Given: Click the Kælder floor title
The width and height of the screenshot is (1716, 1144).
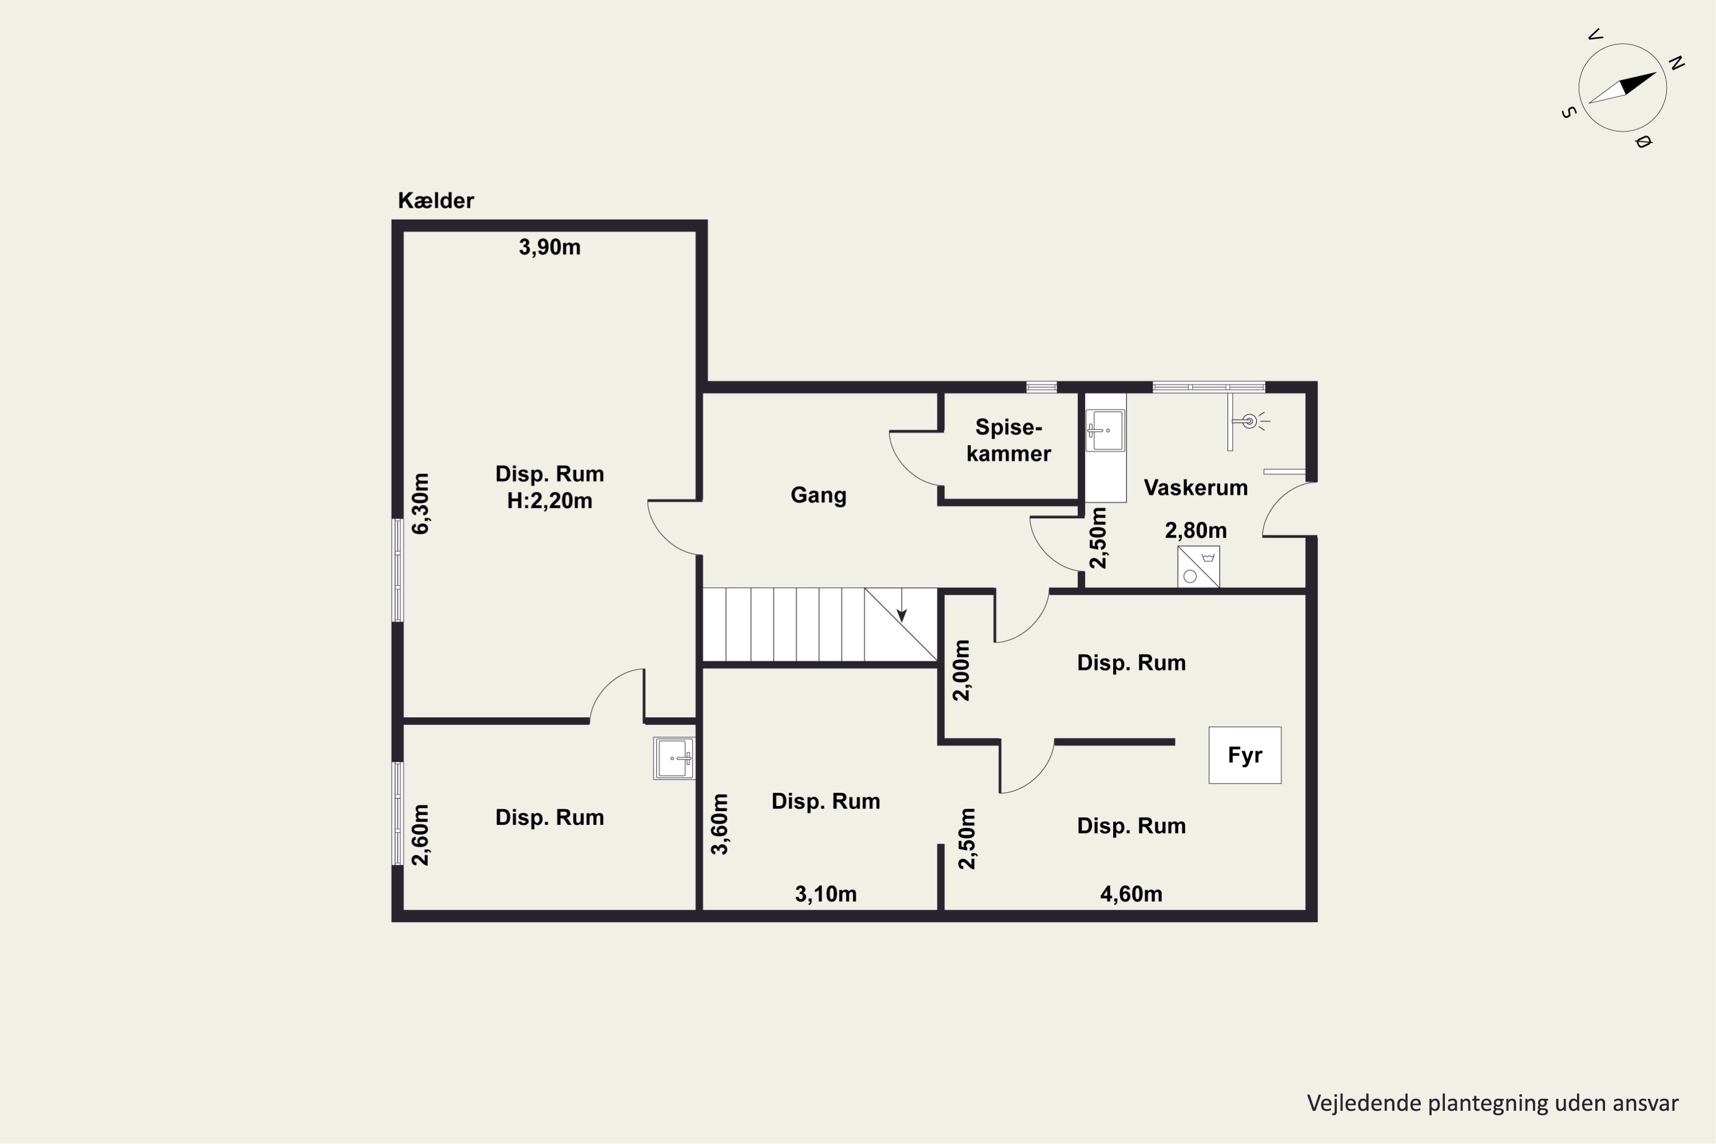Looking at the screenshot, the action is coord(435,201).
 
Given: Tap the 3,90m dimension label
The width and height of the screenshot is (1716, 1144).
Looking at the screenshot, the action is coord(549,247).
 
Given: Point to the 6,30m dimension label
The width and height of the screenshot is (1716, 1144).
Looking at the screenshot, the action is coord(421,503).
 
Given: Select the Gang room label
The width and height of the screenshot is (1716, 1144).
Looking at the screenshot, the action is coord(819,495).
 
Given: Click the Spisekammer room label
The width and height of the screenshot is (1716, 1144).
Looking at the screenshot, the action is coord(1009,440).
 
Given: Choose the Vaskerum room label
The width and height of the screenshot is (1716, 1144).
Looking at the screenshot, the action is coord(1195,487).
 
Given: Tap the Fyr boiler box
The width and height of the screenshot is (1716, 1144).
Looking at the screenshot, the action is coord(1245,755).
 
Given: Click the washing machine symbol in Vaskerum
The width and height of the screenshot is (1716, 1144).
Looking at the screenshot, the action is coord(1198,567).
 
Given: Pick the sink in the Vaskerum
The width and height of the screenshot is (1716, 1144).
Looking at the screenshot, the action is coord(1105,431).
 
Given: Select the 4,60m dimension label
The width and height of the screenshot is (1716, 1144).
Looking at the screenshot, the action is coord(1131,893).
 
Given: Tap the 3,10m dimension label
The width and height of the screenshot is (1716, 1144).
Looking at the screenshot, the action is coord(826,893).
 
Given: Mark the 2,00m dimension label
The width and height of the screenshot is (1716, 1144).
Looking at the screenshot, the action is coord(962,670).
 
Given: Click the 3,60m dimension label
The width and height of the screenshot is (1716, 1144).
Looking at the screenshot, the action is coord(720,824).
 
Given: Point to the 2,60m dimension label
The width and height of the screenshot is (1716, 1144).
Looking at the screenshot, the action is coord(421,835).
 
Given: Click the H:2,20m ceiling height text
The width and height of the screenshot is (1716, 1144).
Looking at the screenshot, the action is coord(549,501).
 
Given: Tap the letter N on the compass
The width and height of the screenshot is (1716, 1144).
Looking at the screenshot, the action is coord(1677,63).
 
